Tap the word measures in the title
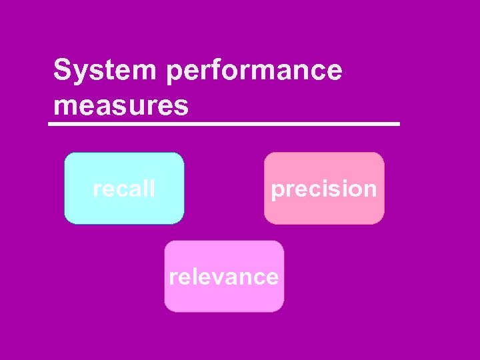pyautogui.click(x=121, y=105)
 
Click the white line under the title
pyautogui.click(x=225, y=124)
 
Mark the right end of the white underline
pyautogui.click(x=399, y=124)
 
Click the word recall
pyautogui.click(x=124, y=189)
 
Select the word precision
pyautogui.click(x=324, y=189)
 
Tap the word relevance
pyautogui.click(x=224, y=276)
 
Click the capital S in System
pyautogui.click(x=62, y=70)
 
